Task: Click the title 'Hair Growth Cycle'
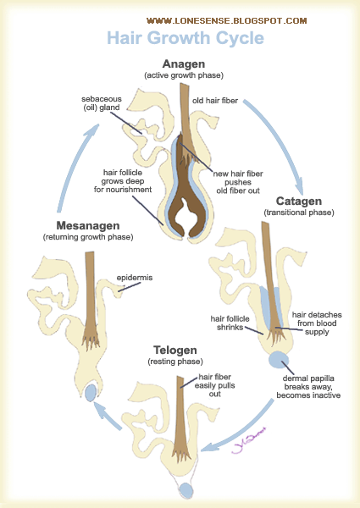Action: [x=186, y=38]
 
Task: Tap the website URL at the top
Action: [x=226, y=21]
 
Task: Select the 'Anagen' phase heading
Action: [x=184, y=63]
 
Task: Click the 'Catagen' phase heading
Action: [x=299, y=202]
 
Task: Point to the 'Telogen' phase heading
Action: [x=175, y=351]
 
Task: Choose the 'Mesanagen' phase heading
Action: [x=88, y=225]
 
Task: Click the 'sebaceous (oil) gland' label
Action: [x=102, y=103]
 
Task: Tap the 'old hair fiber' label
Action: [x=215, y=101]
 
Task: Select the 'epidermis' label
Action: [x=135, y=278]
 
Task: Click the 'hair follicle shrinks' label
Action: [x=230, y=323]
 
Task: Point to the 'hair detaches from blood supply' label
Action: [x=317, y=323]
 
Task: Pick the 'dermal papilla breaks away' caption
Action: [x=308, y=387]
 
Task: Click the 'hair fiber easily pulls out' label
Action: [x=215, y=385]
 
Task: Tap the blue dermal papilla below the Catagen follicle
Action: [x=279, y=360]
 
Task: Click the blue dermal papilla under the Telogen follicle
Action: [x=186, y=490]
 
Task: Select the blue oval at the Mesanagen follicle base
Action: [x=91, y=392]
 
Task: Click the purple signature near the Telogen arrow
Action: [x=249, y=441]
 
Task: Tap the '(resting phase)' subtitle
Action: [x=175, y=362]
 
